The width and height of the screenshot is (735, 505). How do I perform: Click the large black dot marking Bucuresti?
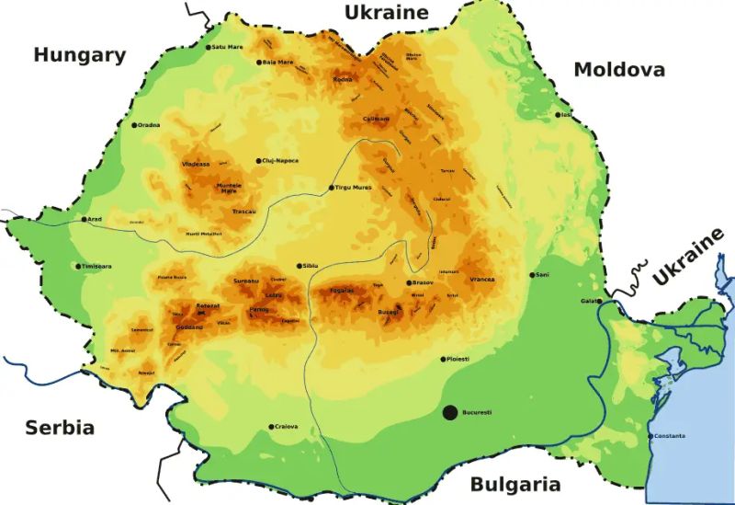tap(449, 413)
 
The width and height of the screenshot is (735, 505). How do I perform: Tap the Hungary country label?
tap(80, 55)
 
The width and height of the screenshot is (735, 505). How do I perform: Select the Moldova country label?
tap(619, 70)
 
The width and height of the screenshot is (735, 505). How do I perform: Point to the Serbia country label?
tap(60, 428)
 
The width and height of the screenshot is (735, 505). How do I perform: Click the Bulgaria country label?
tap(515, 485)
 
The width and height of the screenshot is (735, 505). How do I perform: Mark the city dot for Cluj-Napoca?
tap(259, 160)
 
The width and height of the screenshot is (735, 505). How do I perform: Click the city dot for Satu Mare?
tap(208, 47)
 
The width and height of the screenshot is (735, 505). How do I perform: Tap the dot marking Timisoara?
tap(78, 267)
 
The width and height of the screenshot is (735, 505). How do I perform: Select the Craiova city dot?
tap(271, 427)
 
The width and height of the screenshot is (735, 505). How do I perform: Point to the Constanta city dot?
tap(650, 436)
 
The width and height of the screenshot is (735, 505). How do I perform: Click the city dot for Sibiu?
tap(299, 266)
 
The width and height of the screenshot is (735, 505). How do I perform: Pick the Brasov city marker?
tap(409, 283)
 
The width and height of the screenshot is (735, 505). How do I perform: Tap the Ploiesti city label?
tap(458, 359)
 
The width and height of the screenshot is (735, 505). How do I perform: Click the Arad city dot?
tap(83, 220)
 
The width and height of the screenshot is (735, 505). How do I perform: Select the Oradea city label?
tap(149, 125)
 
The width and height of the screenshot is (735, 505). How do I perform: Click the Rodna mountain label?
tap(342, 80)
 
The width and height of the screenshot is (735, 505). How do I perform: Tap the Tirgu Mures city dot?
tap(332, 188)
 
